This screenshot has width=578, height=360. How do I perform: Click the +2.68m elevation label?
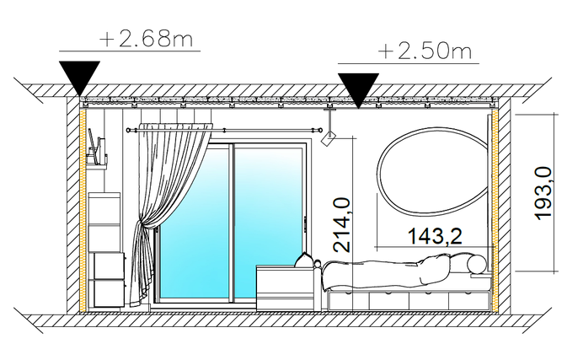coord(147,39)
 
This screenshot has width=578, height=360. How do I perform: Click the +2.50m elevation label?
coord(425,51)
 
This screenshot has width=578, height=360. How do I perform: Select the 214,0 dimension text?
coord(341,225)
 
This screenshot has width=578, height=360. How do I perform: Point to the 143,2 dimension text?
coord(435,236)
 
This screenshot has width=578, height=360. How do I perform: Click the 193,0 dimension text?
coord(543,194)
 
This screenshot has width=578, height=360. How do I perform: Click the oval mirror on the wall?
coord(434,171)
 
